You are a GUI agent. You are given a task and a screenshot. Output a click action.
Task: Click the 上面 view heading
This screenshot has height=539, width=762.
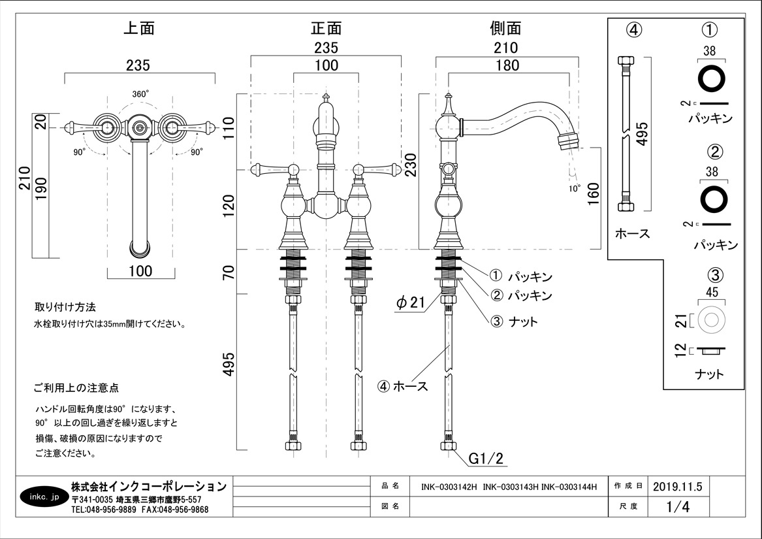point(139,29)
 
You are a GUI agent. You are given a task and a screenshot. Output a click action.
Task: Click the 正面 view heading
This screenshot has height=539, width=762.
point(326,29)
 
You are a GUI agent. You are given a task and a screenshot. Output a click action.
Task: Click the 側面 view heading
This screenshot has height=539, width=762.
point(506,29)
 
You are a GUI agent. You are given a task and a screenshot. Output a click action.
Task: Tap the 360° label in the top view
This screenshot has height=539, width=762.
point(140,94)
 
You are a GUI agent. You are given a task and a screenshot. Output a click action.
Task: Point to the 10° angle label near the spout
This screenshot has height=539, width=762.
point(574,189)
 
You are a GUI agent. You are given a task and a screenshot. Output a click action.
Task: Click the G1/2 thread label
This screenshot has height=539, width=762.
point(487,459)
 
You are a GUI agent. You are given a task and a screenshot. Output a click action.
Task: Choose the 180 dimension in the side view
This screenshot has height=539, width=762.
point(507,65)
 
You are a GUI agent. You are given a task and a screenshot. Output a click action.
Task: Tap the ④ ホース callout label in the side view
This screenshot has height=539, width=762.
point(403,386)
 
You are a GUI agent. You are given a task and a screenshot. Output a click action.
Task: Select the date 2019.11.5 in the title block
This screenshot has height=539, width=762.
point(676,486)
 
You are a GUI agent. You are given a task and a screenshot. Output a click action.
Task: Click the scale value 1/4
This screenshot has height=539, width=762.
point(677,506)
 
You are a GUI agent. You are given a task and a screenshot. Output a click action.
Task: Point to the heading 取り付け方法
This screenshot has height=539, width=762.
point(65,306)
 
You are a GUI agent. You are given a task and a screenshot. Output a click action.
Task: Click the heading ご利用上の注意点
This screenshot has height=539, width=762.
point(76,388)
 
